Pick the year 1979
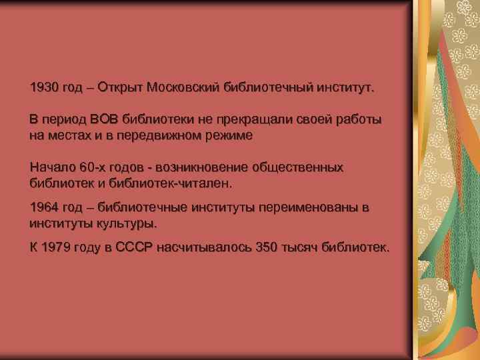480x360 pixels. (55, 248)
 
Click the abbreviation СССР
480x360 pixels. (135, 248)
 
